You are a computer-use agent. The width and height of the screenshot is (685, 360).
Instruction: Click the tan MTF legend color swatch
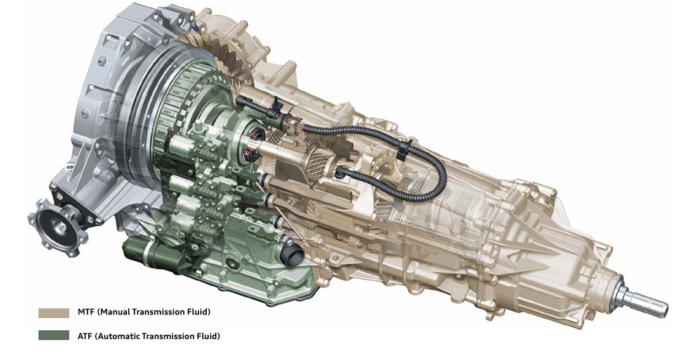(54, 313)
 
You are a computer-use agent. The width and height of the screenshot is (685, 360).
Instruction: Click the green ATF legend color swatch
(54, 335)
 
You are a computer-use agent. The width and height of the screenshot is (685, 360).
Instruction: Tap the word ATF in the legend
(85, 336)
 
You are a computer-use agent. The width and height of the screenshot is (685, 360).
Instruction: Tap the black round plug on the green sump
(291, 254)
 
